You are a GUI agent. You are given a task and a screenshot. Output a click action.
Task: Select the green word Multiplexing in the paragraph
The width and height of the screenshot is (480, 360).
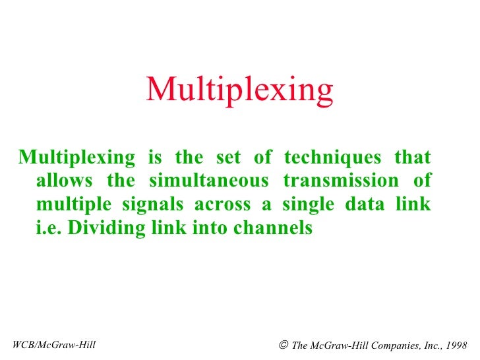click(76, 158)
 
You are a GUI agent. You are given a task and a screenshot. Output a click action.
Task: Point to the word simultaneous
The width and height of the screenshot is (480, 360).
click(209, 181)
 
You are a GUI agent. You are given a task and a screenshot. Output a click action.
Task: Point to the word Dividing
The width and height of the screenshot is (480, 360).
click(98, 228)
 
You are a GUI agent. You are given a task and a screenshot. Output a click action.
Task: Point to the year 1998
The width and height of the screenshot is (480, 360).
click(455, 345)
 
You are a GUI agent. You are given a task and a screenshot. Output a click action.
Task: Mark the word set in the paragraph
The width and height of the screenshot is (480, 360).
click(229, 158)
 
